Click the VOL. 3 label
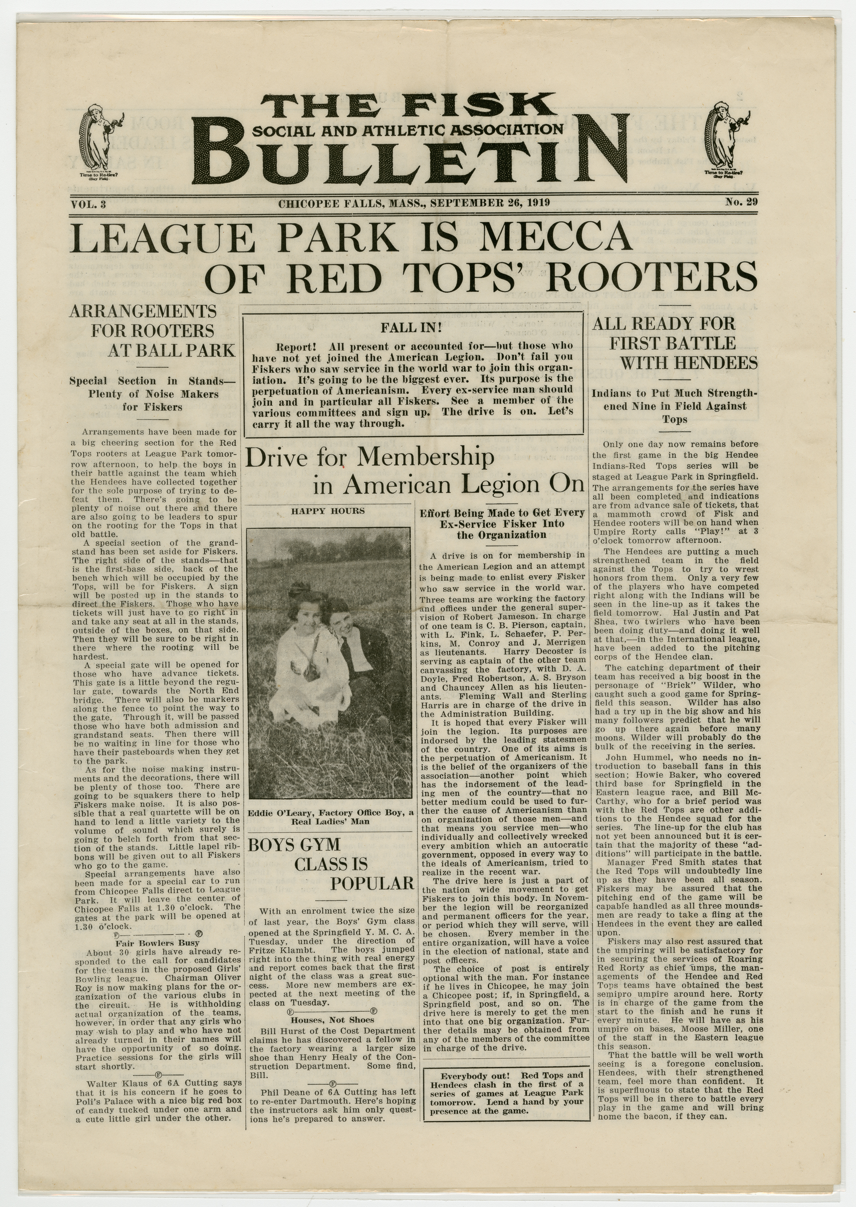pos(88,204)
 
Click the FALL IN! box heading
pos(411,328)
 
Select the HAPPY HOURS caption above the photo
pos(328,511)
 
